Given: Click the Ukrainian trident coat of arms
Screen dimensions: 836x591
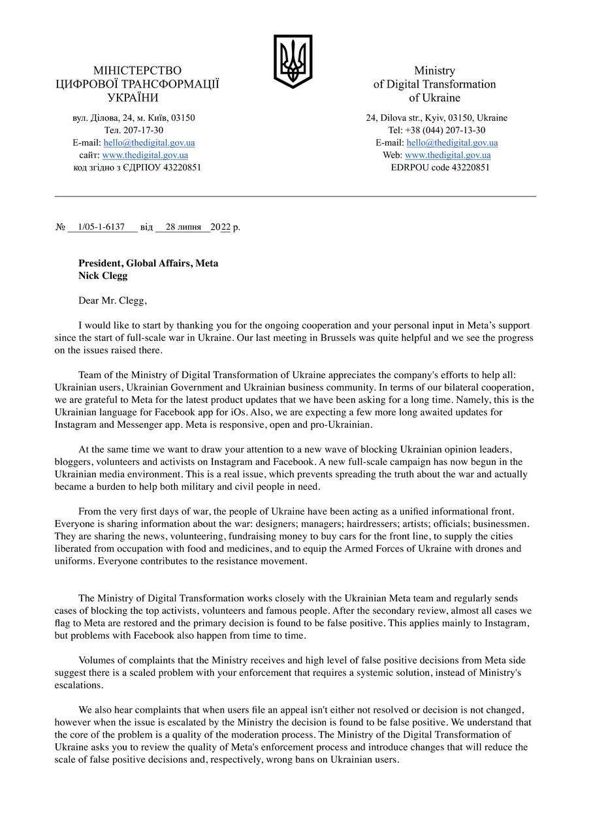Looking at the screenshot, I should coord(293,61).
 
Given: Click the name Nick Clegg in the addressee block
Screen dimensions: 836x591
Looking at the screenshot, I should coord(103,276).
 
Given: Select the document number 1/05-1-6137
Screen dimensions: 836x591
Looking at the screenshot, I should coord(101,227).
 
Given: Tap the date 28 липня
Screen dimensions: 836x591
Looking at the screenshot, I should coord(184,227).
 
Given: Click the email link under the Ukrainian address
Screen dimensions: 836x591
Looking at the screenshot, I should coord(149,142).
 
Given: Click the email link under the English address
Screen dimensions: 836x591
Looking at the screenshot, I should coord(452,142).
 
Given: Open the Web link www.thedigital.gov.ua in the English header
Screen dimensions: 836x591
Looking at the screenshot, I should coord(447,155).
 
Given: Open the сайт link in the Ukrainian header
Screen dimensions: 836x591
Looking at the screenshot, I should coord(145,155).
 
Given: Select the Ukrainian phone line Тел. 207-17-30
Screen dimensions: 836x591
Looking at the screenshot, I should coord(134,130).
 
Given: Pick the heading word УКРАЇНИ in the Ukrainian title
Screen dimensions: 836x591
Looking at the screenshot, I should coord(133,98).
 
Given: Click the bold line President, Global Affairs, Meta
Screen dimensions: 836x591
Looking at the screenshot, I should coord(148,263).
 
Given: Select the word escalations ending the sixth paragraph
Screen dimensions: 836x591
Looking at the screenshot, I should coord(78,685).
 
